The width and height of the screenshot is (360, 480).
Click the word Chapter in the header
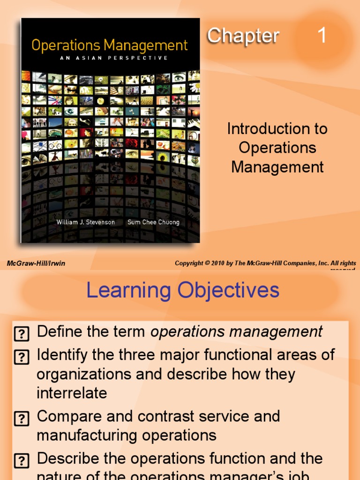click(x=243, y=36)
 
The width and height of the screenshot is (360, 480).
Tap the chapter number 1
click(x=322, y=36)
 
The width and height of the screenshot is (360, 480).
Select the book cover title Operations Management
click(x=109, y=45)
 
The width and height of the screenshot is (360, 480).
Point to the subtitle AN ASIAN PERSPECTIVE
click(x=110, y=59)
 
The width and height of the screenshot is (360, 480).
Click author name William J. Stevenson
click(x=85, y=222)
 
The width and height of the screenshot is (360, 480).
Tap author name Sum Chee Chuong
click(x=153, y=222)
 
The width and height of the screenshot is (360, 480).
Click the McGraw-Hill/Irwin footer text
click(x=36, y=263)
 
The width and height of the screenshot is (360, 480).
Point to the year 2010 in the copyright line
click(x=217, y=263)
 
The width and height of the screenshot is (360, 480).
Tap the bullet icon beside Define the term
click(x=22, y=334)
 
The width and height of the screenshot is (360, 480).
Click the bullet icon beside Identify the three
click(x=22, y=357)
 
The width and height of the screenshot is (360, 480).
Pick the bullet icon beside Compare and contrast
click(x=22, y=418)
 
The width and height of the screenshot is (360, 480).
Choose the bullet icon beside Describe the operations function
click(x=22, y=460)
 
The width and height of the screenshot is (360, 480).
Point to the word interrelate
click(x=72, y=393)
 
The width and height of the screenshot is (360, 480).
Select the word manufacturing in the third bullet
click(x=87, y=435)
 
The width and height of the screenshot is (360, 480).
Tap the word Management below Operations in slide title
click(x=277, y=167)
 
